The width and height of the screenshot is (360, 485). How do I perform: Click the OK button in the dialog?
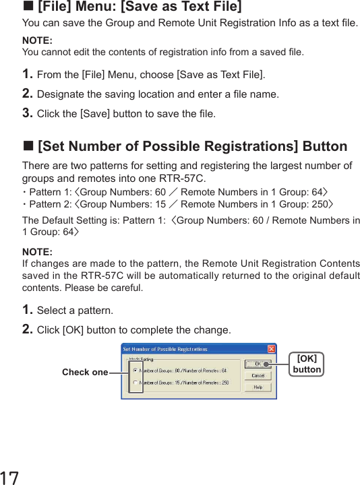(x=258, y=364)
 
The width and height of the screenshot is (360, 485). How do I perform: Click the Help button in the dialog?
(x=258, y=387)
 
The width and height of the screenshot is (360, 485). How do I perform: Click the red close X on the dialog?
(x=271, y=349)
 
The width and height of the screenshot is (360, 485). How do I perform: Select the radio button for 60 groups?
(x=136, y=370)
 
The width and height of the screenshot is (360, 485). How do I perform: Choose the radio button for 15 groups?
(x=136, y=383)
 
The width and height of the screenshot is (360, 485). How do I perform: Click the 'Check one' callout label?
(x=85, y=373)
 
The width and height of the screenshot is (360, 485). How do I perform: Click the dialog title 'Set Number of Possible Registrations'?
(x=165, y=349)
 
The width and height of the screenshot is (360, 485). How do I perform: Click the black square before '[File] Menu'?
(x=28, y=7)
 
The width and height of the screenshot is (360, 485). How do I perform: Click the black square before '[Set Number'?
(x=28, y=146)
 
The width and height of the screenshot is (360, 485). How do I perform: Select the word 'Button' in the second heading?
(x=325, y=146)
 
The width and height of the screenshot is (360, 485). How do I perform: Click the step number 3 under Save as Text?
(x=28, y=113)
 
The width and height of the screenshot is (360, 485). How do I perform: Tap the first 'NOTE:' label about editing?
(x=37, y=41)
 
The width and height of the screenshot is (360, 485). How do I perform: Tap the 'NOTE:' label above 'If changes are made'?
(x=37, y=252)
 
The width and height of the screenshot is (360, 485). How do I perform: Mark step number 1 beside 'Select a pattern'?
(x=28, y=311)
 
